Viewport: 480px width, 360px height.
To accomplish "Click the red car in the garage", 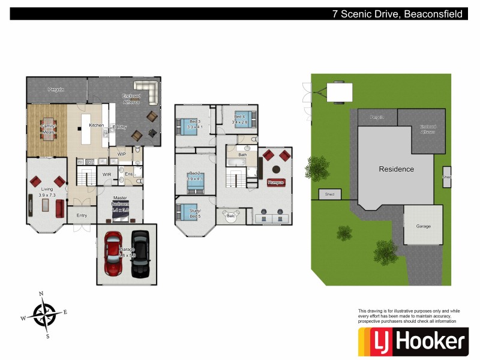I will (113, 254).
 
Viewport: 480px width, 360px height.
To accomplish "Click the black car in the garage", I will (140, 253).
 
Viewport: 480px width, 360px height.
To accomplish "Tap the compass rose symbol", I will (45, 314).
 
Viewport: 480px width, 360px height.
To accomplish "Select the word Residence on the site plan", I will (396, 169).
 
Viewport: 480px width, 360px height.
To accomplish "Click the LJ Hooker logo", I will (412, 342).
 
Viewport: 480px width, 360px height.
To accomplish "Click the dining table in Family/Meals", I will (48, 129).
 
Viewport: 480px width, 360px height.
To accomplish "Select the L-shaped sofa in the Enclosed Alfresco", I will (146, 90).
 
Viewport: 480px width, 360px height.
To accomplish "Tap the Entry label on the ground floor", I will (82, 215).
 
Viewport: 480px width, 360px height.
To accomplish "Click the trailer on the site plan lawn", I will (339, 92).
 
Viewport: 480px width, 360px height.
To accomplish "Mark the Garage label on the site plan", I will (423, 227).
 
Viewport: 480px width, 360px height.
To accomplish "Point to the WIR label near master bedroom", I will (107, 175).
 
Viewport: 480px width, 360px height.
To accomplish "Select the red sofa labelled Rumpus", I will (275, 182).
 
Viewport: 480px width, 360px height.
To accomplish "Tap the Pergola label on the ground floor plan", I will (56, 89).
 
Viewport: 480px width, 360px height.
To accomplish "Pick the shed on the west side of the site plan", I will (329, 194).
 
